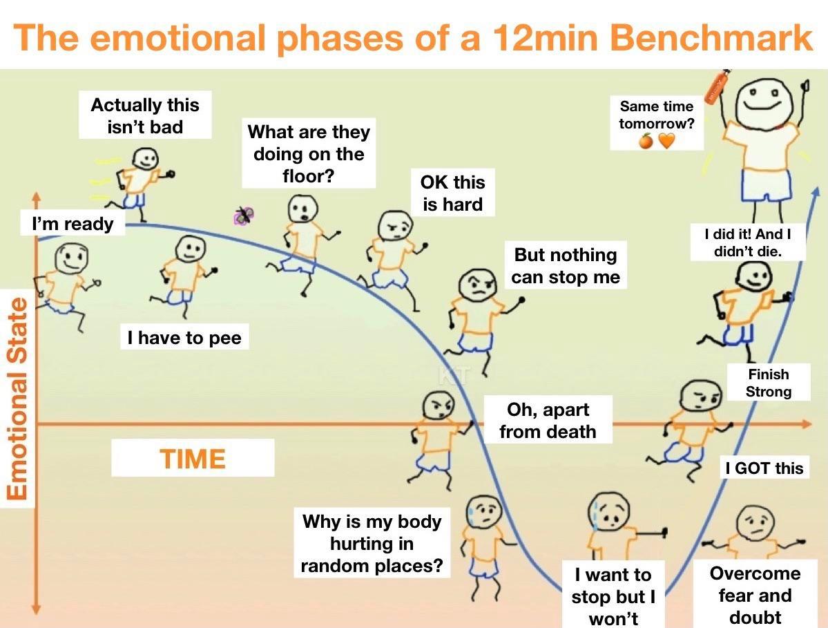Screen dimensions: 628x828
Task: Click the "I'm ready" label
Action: click(x=73, y=224)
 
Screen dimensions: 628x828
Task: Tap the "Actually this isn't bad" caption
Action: click(x=144, y=115)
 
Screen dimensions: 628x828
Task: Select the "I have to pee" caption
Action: click(x=184, y=338)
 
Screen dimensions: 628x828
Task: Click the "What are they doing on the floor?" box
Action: click(x=309, y=153)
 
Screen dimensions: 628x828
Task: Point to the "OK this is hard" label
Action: click(x=452, y=193)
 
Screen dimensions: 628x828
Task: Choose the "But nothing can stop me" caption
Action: click(x=565, y=266)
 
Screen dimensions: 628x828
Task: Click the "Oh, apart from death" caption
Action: click(x=547, y=420)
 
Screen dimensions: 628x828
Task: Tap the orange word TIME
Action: click(x=193, y=459)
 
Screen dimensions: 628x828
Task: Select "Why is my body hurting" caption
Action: click(x=372, y=543)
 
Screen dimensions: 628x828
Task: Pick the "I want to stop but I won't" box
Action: click(x=613, y=596)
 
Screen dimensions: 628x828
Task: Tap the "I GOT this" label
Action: click(x=764, y=468)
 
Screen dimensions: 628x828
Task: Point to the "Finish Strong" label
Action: click(x=768, y=382)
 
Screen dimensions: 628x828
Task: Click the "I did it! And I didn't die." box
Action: click(x=747, y=242)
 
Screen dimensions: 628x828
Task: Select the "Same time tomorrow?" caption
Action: click(x=656, y=115)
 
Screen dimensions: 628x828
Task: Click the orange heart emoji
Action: click(x=666, y=141)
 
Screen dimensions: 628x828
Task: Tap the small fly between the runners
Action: click(x=243, y=216)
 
